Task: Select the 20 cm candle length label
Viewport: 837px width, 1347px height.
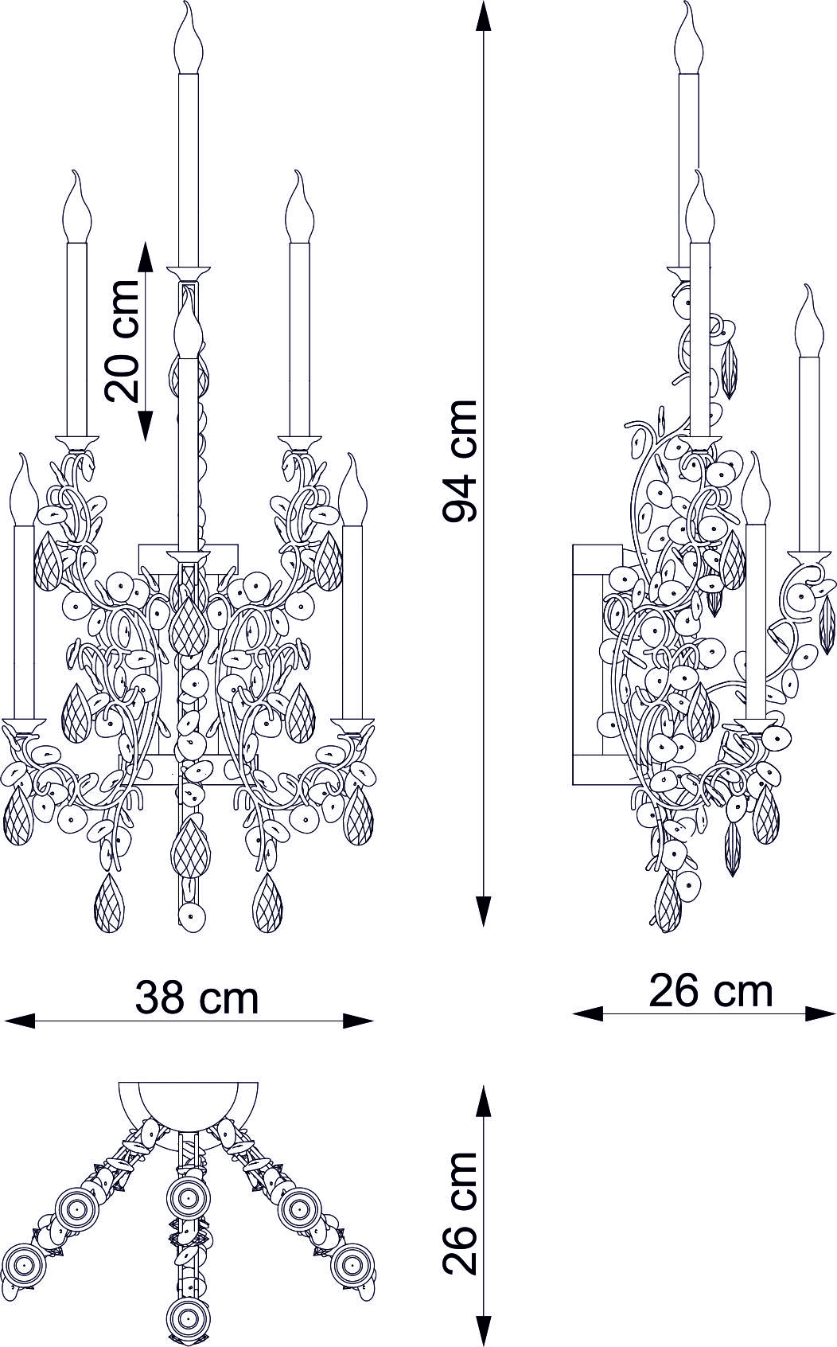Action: pyautogui.click(x=122, y=341)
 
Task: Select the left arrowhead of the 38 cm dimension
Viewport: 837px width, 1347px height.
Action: pyautogui.click(x=20, y=1021)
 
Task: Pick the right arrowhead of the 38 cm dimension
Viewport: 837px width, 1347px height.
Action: pyautogui.click(x=359, y=1021)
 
